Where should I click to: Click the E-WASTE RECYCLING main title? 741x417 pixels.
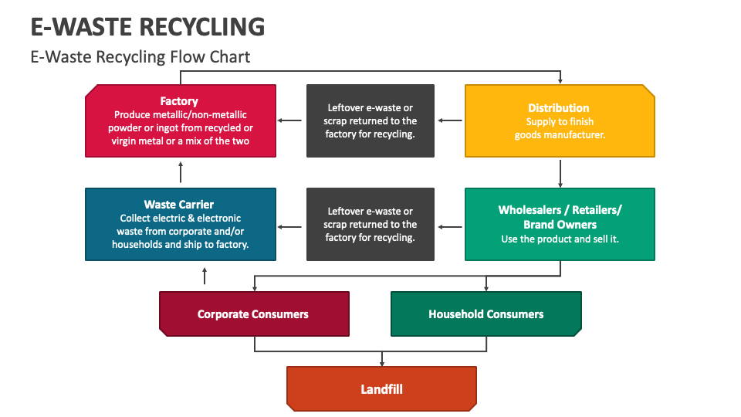147,26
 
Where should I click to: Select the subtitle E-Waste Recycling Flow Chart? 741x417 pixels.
140,57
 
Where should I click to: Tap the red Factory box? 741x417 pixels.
180,121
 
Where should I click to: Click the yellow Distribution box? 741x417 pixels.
560,121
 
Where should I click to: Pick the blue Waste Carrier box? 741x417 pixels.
180,224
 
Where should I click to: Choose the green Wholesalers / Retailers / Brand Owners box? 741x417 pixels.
560,224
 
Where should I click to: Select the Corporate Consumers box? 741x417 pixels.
254,314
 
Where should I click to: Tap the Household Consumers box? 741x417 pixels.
486,314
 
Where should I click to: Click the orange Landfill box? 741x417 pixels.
381,388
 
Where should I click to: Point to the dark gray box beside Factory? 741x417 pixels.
370,121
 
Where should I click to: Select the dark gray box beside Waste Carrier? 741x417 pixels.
370,224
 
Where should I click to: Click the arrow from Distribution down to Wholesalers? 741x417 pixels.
560,173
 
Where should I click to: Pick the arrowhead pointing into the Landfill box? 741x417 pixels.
381,362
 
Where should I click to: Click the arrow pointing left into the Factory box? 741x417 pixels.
289,120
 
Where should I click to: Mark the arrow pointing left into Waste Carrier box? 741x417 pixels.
289,227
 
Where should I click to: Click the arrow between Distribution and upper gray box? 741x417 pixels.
450,120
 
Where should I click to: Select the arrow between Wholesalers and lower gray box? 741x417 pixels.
450,227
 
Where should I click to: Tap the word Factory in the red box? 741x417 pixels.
179,101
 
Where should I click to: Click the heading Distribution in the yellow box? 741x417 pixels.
559,108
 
